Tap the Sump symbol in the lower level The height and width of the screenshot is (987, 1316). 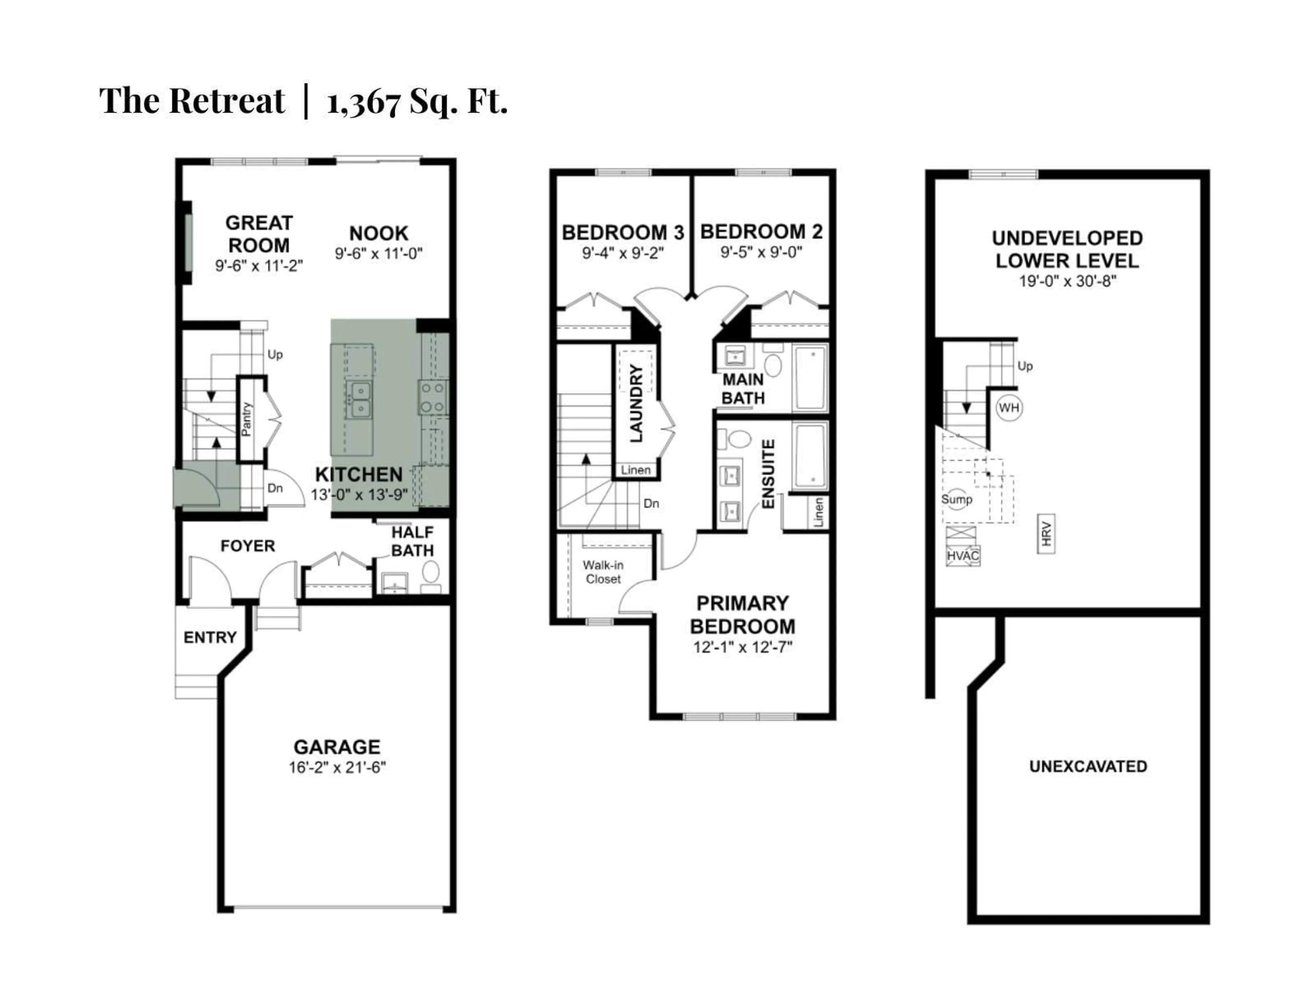pyautogui.click(x=956, y=499)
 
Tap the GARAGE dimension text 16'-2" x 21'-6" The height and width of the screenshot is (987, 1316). pyautogui.click(x=337, y=767)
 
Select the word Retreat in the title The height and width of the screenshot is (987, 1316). pyautogui.click(x=227, y=101)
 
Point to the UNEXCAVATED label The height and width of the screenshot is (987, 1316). pyautogui.click(x=1088, y=766)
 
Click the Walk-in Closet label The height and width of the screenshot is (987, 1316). pyautogui.click(x=603, y=572)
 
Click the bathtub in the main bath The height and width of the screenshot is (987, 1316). pyautogui.click(x=810, y=377)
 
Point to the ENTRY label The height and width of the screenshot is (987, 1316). pyautogui.click(x=210, y=637)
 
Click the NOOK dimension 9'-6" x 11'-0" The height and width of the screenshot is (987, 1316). pyautogui.click(x=378, y=254)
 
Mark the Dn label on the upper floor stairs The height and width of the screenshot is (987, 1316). pyautogui.click(x=651, y=503)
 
